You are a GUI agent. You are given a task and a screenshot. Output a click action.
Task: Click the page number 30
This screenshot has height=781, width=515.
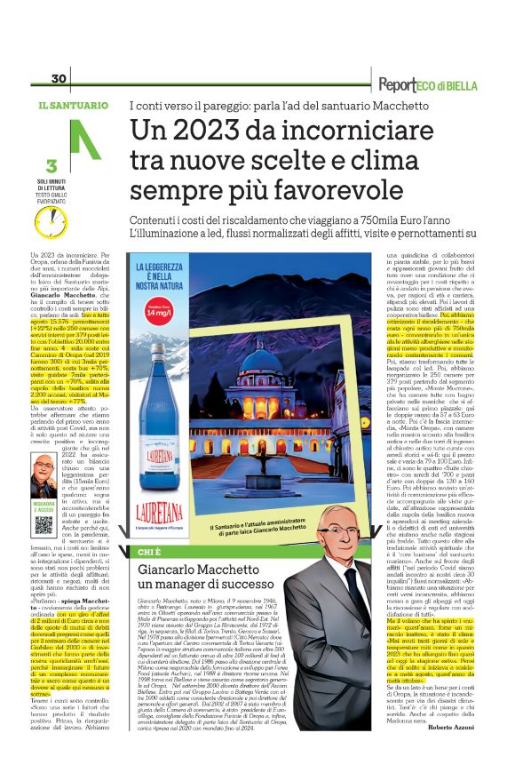59,79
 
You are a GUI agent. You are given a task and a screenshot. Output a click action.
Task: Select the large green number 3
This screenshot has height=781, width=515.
51,165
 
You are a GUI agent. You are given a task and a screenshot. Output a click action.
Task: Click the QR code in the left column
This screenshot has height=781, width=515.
44,524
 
